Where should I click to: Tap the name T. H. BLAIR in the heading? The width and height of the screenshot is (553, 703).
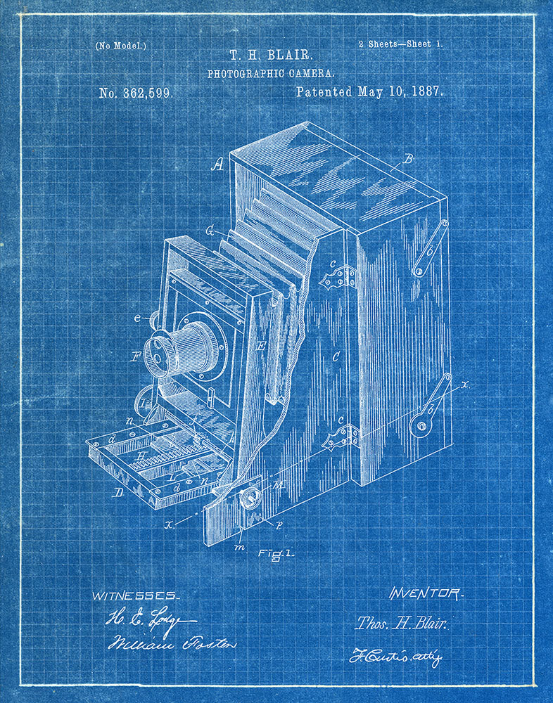pyautogui.click(x=270, y=55)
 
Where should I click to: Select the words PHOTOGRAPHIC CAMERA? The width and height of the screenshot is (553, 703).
pyautogui.click(x=271, y=72)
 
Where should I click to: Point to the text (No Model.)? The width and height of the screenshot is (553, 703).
pyautogui.click(x=121, y=46)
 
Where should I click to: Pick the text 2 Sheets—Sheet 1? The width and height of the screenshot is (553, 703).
pyautogui.click(x=400, y=44)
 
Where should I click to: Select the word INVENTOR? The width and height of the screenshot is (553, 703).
pyautogui.click(x=426, y=594)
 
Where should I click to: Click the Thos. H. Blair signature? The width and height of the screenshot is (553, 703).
pyautogui.click(x=402, y=623)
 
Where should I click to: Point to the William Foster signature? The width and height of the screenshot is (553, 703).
pyautogui.click(x=171, y=643)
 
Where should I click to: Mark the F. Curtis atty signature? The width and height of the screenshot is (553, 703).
pyautogui.click(x=395, y=657)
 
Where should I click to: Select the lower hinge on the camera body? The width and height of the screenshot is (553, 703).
pyautogui.click(x=340, y=437)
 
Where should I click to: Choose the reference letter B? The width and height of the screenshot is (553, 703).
pyautogui.click(x=407, y=160)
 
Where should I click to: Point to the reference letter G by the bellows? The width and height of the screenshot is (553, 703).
pyautogui.click(x=210, y=230)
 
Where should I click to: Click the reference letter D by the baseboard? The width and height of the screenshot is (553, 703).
pyautogui.click(x=118, y=492)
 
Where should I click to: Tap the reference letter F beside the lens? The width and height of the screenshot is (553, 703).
pyautogui.click(x=136, y=356)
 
